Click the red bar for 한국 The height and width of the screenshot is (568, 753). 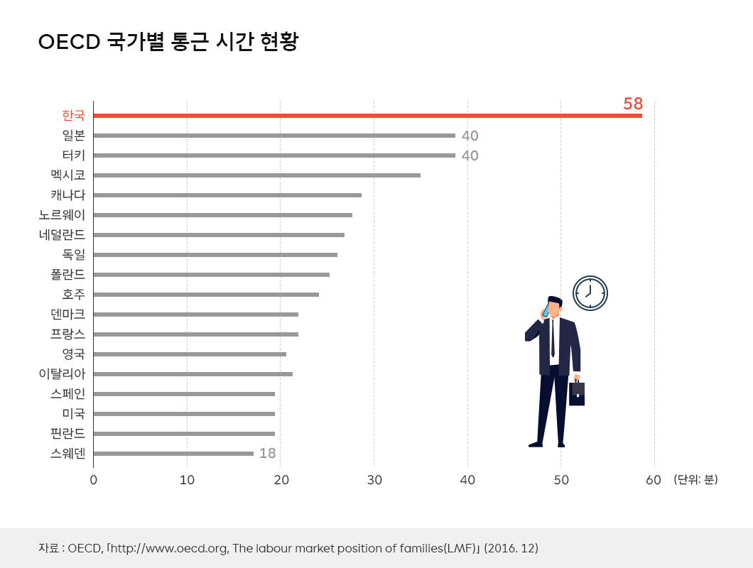[x=367, y=116]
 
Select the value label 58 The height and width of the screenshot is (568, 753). [x=632, y=104]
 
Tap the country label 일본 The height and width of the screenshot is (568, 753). [x=74, y=135]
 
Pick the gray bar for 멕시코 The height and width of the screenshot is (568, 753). [x=256, y=175]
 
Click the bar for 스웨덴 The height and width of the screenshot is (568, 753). [x=173, y=453]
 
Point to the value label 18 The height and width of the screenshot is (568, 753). [x=267, y=453]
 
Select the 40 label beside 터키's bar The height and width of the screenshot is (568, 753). [x=470, y=155]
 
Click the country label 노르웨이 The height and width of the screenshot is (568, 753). [x=62, y=214]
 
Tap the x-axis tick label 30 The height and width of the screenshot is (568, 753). [x=374, y=480]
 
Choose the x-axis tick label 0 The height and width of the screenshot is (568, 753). [x=94, y=480]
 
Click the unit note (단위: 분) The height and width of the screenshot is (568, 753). [x=695, y=480]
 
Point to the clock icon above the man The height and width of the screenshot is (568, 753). [x=590, y=293]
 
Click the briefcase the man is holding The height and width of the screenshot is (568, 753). [x=577, y=393]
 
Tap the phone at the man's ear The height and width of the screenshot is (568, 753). [x=546, y=310]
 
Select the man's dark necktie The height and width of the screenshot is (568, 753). [x=553, y=339]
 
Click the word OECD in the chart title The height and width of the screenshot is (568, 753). [x=68, y=42]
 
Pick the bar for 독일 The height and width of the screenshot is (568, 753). [x=215, y=254]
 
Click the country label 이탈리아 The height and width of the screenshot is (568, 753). [x=62, y=373]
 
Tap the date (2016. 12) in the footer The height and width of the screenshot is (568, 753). [x=511, y=548]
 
